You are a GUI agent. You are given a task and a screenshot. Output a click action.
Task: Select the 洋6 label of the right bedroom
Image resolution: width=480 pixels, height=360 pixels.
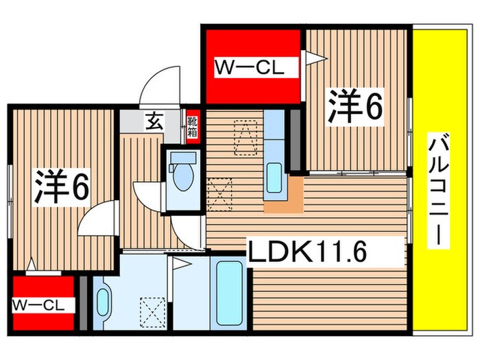(x=354, y=106)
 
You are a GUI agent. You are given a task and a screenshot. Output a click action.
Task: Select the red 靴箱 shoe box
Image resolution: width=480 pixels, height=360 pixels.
(x=193, y=125)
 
